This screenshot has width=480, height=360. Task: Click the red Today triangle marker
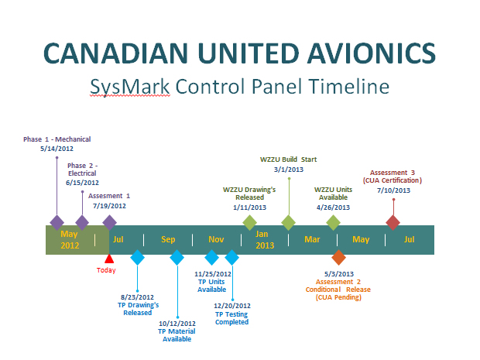coord(109,259)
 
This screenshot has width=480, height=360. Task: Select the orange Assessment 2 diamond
coord(338,258)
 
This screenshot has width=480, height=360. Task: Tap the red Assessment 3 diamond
coord(393,222)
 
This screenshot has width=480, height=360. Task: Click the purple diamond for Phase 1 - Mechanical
coord(57,222)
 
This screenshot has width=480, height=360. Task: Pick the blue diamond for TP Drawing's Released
coord(137,258)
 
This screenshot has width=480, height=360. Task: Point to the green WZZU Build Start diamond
coord(288,222)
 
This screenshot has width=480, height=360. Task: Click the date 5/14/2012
coord(57,149)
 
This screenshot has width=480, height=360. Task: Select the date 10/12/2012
coord(177,324)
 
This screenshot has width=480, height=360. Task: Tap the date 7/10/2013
coord(393,190)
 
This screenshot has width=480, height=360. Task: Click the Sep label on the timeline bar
coord(168,239)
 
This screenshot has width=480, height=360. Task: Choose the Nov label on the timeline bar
coord(216,239)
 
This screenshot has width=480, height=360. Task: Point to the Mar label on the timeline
coord(312,239)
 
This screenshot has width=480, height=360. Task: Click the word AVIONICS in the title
coord(372,53)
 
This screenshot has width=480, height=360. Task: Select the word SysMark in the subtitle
coord(130,87)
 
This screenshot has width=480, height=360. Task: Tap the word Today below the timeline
coord(106,270)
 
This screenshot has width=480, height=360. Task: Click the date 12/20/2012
coord(232,306)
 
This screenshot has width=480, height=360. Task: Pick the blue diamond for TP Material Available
coord(177,258)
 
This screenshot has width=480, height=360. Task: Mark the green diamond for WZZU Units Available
coord(334,222)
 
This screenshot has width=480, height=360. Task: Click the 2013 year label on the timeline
coord(265,245)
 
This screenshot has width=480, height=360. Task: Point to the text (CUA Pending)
coord(338,297)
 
